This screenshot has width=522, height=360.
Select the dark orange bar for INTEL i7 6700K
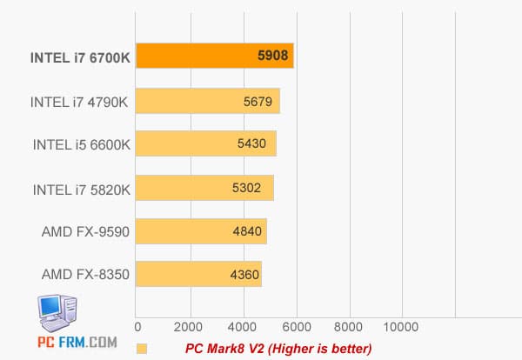pyautogui.click(x=213, y=56)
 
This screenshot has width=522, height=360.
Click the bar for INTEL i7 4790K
pyautogui.click(x=207, y=101)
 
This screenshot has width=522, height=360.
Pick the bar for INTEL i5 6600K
pyautogui.click(x=205, y=143)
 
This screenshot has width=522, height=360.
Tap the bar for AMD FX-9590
pyautogui.click(x=201, y=231)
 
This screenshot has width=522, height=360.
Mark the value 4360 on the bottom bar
pyautogui.click(x=243, y=276)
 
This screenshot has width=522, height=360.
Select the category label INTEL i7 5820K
pyautogui.click(x=80, y=189)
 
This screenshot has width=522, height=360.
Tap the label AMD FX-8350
pyautogui.click(x=85, y=276)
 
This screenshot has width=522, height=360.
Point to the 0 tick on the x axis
pyautogui.click(x=137, y=328)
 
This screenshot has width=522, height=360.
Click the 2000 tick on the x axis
pyautogui.click(x=189, y=328)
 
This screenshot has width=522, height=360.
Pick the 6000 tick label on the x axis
pyautogui.click(x=296, y=328)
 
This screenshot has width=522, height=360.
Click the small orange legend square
pyautogui.click(x=142, y=349)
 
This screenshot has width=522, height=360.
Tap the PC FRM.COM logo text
pyautogui.click(x=77, y=343)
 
